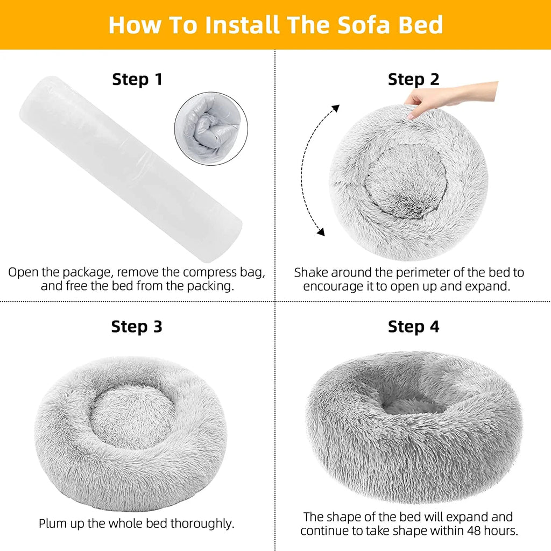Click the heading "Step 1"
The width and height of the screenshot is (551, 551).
tap(137, 80)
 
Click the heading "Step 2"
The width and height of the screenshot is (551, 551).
tap(413, 80)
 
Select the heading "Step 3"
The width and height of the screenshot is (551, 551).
tap(137, 327)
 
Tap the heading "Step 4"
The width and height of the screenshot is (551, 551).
tap(413, 327)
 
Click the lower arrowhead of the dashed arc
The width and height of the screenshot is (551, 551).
tap(321, 232)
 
